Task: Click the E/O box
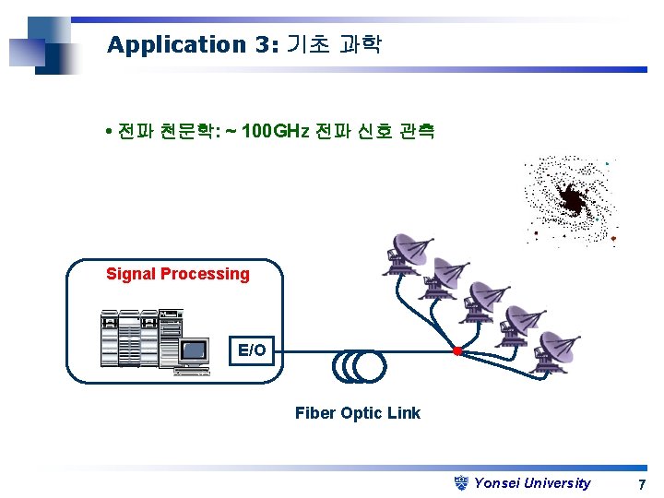pos(252,350)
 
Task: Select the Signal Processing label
pos(178,274)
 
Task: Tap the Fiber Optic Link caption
pos(358,413)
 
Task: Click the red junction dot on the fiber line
pos(456,351)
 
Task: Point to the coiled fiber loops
pos(358,364)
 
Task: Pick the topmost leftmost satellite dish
pos(406,253)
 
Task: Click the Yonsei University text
pos(532,483)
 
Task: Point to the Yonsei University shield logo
pos(463,482)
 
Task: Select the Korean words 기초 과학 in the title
pos(334,44)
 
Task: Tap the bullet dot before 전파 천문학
pos(110,132)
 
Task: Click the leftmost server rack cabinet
pos(110,338)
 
